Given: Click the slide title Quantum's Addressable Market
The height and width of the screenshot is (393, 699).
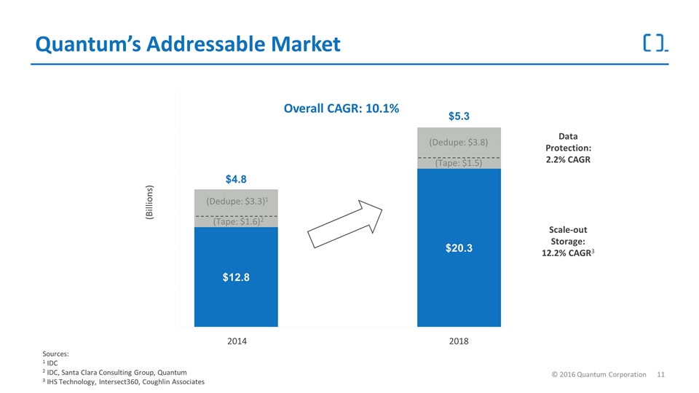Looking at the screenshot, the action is click(x=188, y=44).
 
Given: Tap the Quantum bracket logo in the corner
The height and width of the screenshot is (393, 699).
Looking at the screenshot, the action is click(x=655, y=43).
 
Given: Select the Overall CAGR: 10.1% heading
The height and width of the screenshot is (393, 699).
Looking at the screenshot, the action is click(x=341, y=108).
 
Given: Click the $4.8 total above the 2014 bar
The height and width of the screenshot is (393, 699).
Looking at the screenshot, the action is click(x=236, y=179).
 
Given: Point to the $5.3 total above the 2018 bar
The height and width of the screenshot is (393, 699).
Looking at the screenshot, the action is click(x=459, y=116).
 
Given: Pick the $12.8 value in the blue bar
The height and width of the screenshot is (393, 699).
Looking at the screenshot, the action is click(x=236, y=277).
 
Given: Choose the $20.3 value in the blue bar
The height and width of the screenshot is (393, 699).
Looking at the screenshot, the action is click(x=459, y=247).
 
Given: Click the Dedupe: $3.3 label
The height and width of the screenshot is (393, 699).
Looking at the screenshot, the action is click(x=237, y=202).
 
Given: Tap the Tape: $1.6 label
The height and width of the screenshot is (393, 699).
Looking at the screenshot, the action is click(x=238, y=221).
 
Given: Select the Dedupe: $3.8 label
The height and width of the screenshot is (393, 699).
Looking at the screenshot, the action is click(x=459, y=142).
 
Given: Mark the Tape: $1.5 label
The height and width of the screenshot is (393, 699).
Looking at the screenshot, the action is click(x=459, y=163).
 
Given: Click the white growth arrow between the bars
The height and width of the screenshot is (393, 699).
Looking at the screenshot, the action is click(x=344, y=223).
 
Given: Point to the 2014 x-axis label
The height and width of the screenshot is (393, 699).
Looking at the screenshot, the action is click(x=237, y=341).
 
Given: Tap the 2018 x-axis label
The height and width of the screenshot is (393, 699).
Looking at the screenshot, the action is click(x=459, y=341).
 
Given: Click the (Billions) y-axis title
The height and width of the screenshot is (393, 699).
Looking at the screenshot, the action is click(x=149, y=202).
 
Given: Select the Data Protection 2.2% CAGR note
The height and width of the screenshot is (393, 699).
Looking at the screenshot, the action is click(x=569, y=148).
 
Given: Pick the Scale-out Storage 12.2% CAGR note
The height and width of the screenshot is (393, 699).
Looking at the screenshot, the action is click(x=568, y=242).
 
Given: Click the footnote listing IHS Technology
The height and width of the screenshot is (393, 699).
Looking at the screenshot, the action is click(x=124, y=382).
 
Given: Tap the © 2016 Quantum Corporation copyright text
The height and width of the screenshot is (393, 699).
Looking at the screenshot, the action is click(x=599, y=375).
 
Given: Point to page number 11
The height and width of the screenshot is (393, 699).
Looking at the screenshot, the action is click(x=660, y=375).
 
